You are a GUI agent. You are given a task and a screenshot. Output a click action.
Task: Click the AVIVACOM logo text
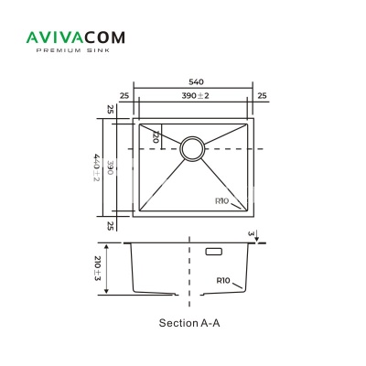76,38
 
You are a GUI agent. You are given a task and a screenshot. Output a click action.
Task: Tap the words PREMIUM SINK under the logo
73,50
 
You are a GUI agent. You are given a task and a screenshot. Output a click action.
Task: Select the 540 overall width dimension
196,82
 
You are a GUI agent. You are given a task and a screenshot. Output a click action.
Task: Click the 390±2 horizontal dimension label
196,95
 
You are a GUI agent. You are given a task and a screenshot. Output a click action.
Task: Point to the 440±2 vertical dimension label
96,167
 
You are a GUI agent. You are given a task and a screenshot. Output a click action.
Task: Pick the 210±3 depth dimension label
98,269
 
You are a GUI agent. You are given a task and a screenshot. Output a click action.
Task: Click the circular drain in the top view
192,148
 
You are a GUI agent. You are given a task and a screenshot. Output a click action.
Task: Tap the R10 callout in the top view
221,201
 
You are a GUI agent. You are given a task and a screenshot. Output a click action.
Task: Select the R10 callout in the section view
223,280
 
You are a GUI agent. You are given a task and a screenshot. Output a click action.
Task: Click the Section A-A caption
189,323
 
